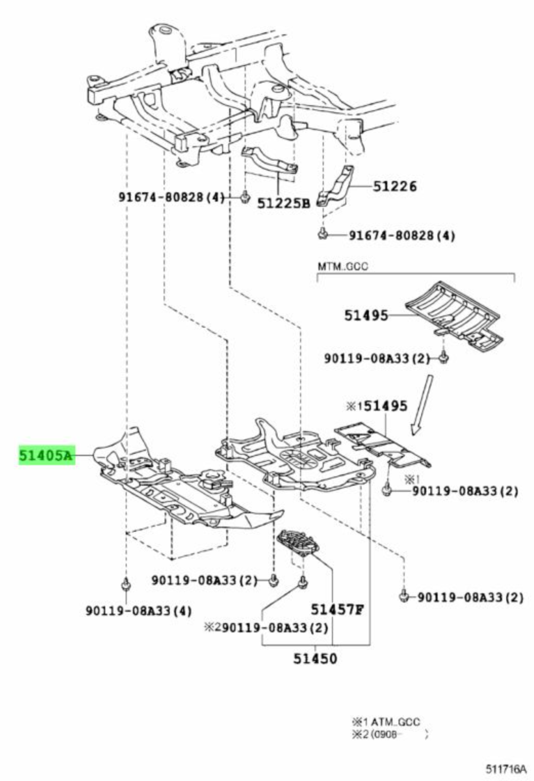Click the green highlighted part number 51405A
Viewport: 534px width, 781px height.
(x=47, y=454)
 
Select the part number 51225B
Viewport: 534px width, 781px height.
(x=284, y=204)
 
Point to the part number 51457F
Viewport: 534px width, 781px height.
(x=337, y=609)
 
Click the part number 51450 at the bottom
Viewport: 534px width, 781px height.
(x=315, y=658)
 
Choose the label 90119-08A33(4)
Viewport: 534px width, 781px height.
(x=138, y=611)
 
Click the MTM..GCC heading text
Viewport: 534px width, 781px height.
(x=343, y=267)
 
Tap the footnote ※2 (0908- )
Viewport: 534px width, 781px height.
(x=389, y=734)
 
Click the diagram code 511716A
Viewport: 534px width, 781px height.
(x=506, y=769)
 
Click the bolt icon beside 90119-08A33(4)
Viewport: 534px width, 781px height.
(x=125, y=584)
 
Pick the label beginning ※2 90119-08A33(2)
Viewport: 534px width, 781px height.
(x=266, y=627)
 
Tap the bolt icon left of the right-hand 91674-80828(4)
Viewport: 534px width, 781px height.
(x=322, y=234)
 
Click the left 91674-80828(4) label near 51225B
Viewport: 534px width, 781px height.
(x=171, y=197)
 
